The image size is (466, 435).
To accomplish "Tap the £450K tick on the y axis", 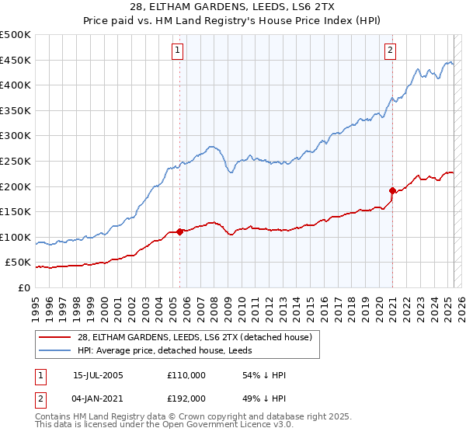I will [16, 60].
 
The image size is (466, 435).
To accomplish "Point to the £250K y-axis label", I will [16, 161].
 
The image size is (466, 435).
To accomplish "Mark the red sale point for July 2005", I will [179, 231].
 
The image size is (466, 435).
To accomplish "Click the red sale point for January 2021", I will [392, 190].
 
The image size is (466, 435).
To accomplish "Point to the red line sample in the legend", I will [55, 337].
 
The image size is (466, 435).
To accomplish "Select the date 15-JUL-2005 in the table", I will [98, 375].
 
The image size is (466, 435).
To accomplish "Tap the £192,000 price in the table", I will [186, 398].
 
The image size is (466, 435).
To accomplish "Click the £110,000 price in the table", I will [186, 375].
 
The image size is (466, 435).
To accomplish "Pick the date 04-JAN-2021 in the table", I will [98, 398].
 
